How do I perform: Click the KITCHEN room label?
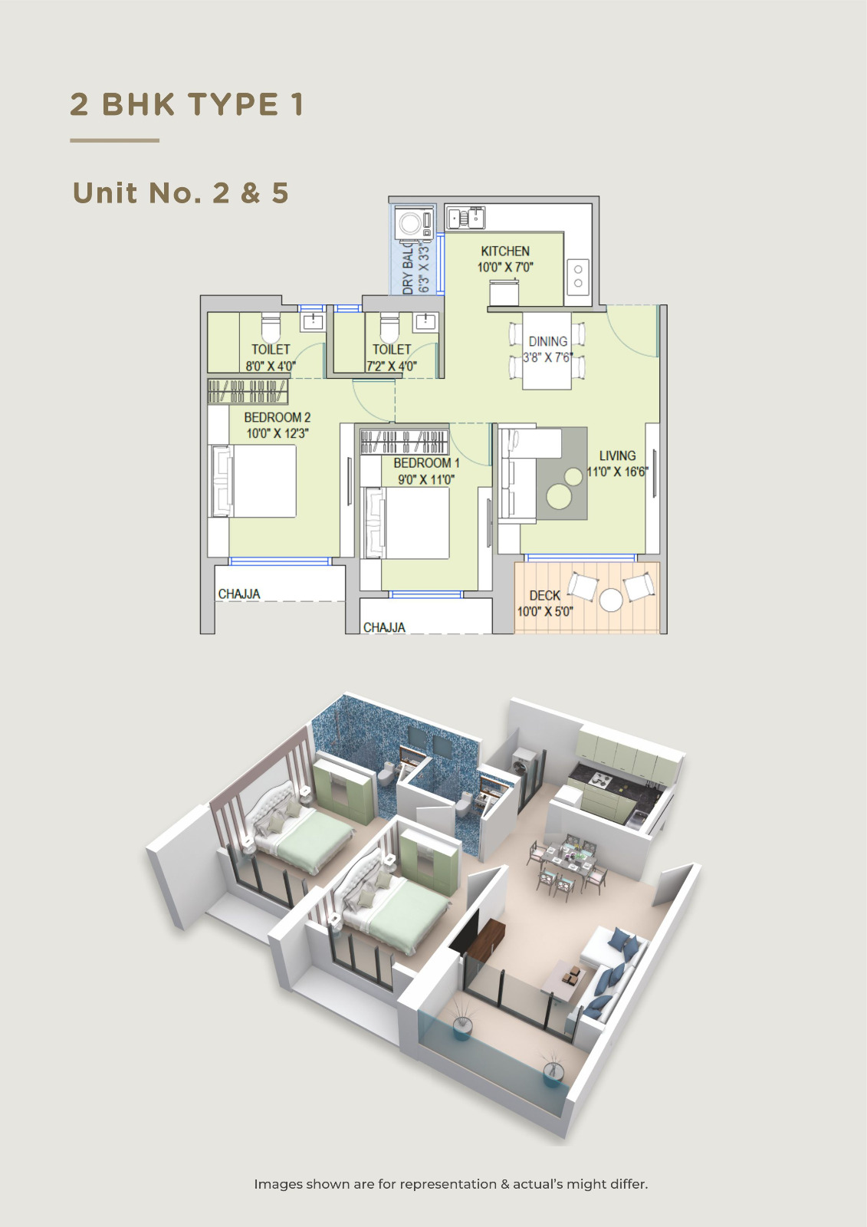505,252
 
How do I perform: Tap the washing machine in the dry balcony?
414,223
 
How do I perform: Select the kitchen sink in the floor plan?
465,218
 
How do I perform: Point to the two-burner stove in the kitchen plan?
577,275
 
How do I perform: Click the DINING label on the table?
547,341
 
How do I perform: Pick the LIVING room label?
617,456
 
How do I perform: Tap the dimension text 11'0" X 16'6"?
617,472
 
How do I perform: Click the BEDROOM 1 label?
426,463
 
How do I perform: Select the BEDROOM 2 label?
278,417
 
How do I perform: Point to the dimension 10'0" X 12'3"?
278,434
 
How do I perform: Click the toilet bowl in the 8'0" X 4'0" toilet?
271,327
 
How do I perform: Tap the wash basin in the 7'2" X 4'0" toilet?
425,321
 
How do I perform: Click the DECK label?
545,595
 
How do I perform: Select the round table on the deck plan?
611,600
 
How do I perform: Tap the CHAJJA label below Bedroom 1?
384,627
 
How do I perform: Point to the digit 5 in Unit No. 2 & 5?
280,192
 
